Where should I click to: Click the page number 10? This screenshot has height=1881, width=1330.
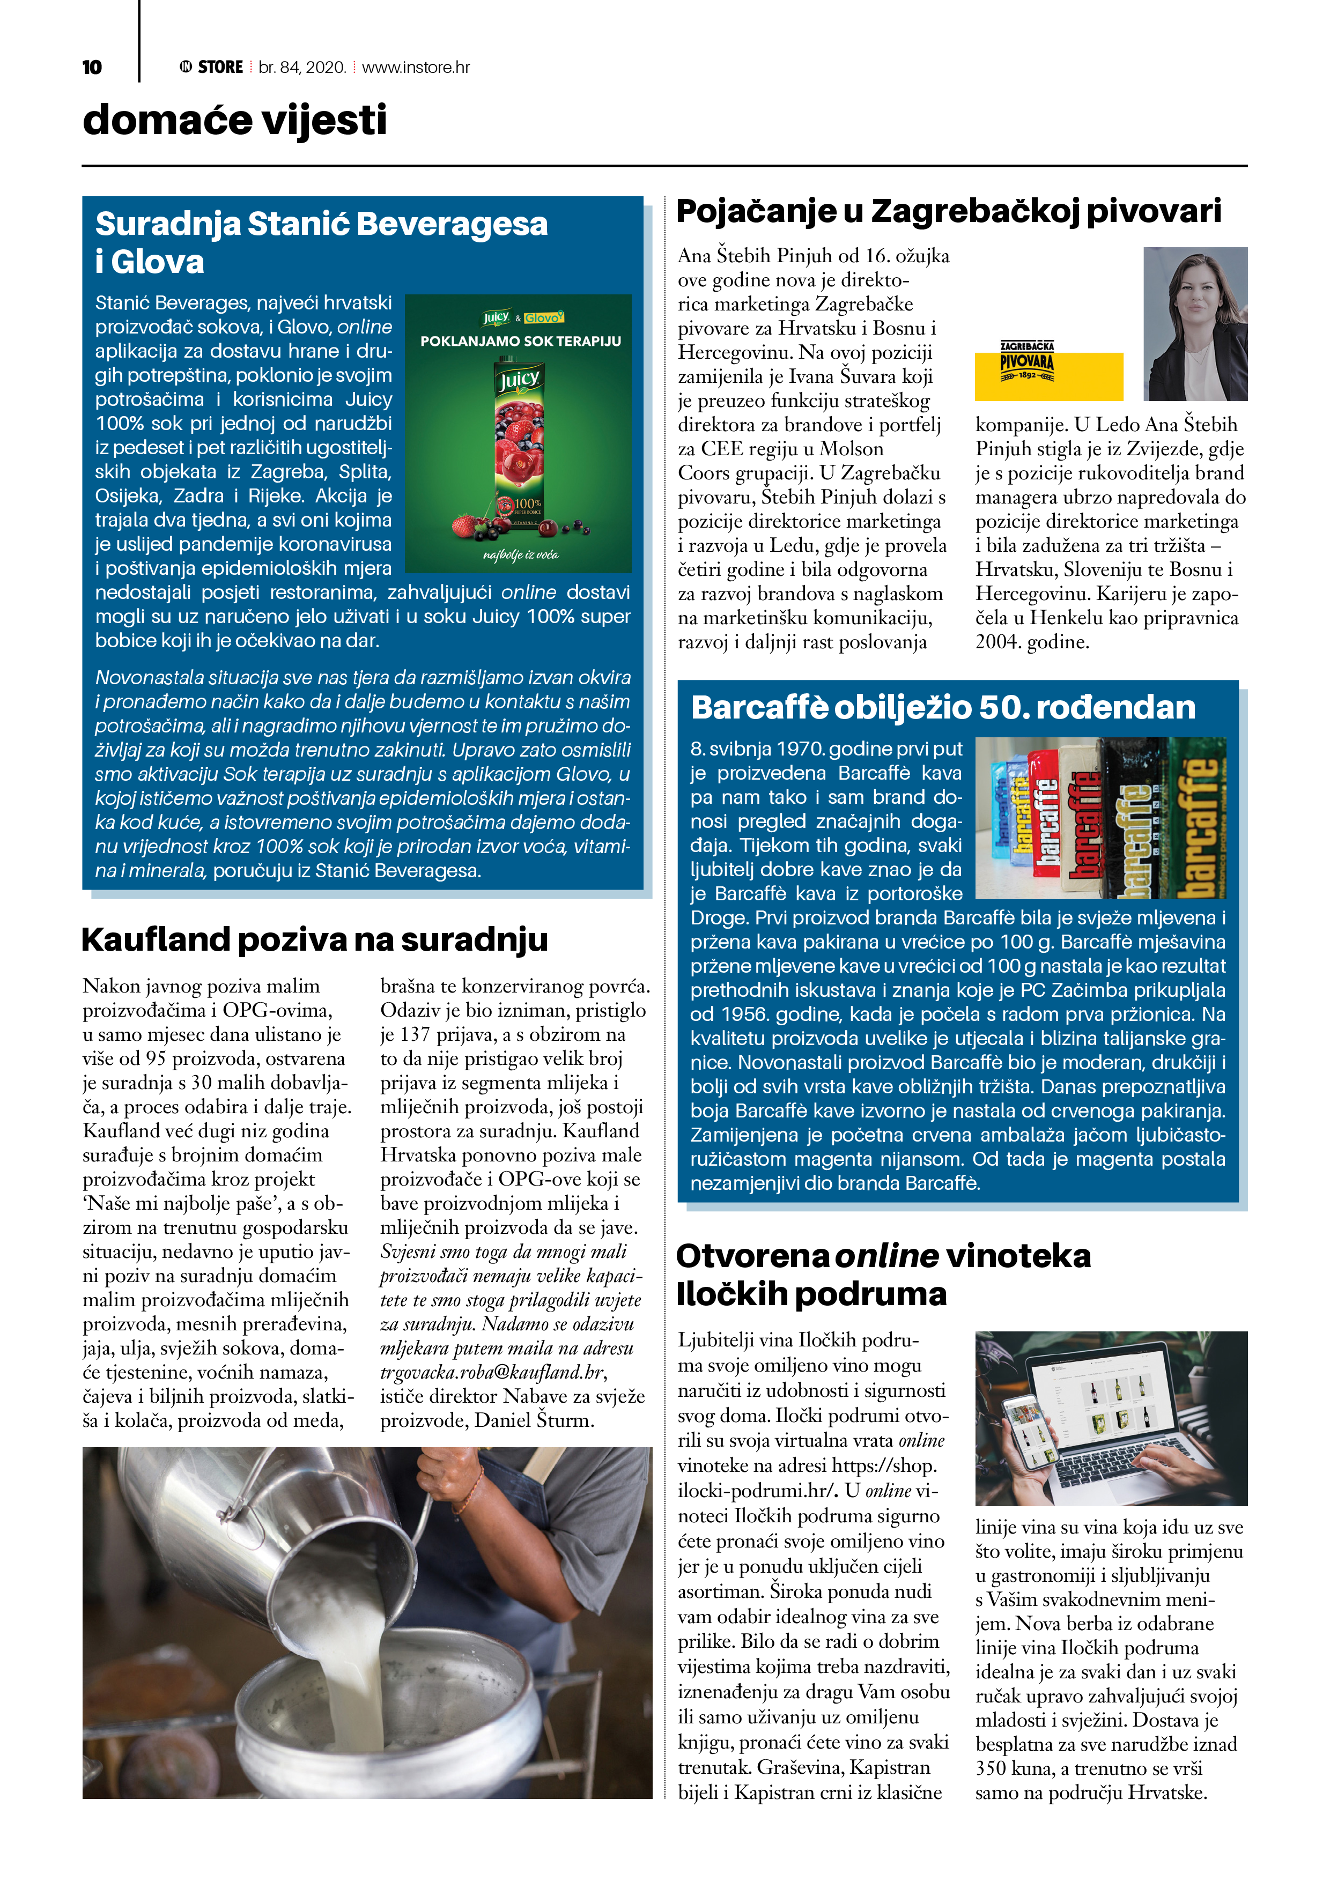(x=92, y=67)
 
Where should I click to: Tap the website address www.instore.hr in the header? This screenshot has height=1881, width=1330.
(x=416, y=67)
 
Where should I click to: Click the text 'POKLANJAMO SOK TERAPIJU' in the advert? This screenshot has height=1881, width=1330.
(x=520, y=341)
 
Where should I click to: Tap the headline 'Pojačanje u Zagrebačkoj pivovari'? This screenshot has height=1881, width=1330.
(x=948, y=211)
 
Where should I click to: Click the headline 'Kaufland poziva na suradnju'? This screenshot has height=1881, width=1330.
(x=315, y=939)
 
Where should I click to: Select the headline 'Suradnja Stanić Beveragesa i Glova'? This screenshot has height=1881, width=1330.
(x=321, y=242)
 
